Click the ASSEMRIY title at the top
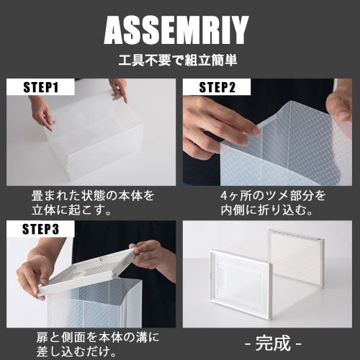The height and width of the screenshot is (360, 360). tap(176, 30)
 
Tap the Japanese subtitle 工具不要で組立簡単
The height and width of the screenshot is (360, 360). tap(178, 60)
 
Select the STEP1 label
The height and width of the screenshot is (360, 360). tap(41, 87)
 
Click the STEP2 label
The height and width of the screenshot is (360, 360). tap(217, 87)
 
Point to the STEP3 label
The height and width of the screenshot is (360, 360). tap(40, 229)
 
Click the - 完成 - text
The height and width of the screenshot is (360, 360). tap(273, 343)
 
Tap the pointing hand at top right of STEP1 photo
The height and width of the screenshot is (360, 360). tap(119, 90)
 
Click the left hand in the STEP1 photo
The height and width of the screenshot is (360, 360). tap(41, 112)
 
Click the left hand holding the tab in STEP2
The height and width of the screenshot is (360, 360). tap(216, 127)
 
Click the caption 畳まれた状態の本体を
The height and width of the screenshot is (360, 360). tap(93, 196)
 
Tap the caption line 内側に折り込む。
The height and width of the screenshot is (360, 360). tap(267, 210)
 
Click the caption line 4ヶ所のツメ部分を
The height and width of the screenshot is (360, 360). tap(273, 196)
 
